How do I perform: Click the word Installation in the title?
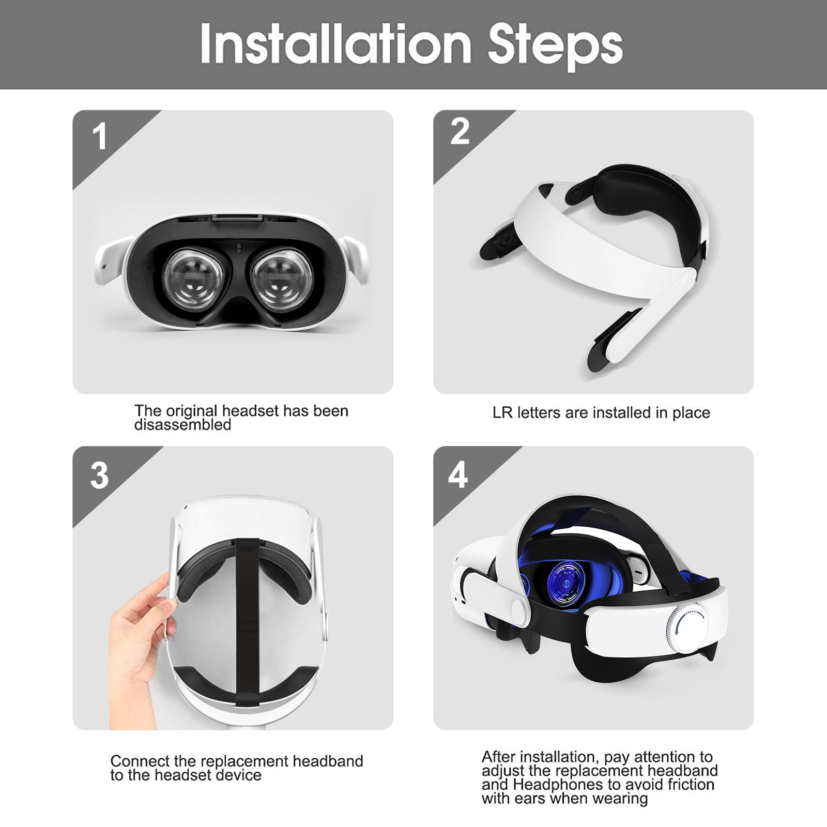point(335,44)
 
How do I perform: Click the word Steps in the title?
point(555,45)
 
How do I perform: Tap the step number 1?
point(99,136)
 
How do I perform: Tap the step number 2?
point(460,132)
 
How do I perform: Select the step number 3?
point(99,475)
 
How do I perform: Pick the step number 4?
point(458,475)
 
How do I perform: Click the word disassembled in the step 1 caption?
point(182,425)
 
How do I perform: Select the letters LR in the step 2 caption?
point(502,413)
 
